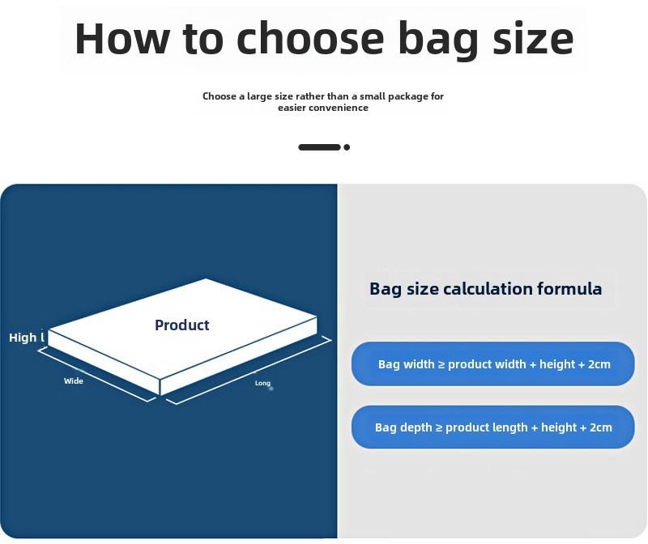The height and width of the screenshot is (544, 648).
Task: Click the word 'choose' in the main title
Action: point(310,38)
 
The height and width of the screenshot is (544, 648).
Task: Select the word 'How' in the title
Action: point(122,38)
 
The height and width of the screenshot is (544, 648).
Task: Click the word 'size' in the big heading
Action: point(533,39)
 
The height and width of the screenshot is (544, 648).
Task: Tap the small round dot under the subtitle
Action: point(347,147)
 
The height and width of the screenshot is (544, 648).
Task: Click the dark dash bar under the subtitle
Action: point(319,147)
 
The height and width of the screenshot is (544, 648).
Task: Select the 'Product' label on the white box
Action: point(181,325)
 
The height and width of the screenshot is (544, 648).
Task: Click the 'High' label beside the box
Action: point(23,338)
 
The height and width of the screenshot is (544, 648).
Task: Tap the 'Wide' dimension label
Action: point(74,380)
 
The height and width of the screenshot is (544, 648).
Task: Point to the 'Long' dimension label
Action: point(262,383)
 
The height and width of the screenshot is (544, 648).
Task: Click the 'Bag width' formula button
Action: point(493,364)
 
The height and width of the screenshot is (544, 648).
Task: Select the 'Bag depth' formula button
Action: point(493,427)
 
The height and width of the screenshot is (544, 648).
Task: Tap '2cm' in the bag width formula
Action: point(599,364)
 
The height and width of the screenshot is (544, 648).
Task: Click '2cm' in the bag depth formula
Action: point(601,427)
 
